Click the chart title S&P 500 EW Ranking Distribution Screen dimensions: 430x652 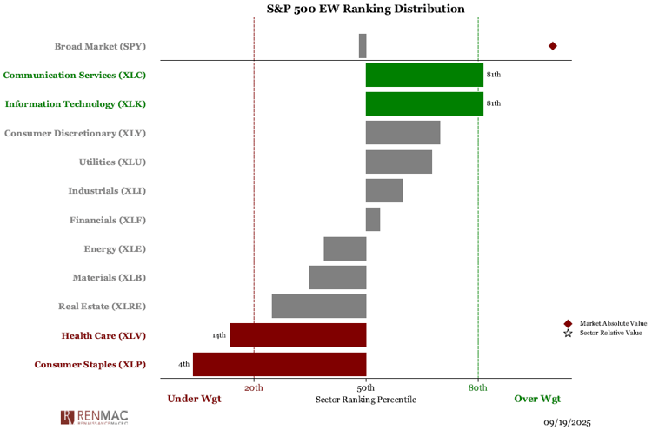pos(365,9)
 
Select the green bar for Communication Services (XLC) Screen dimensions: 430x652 pos(424,75)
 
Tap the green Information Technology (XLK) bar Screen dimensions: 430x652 pos(424,103)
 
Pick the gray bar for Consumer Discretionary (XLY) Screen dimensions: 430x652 pos(403,133)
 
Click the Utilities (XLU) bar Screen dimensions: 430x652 pos(399,162)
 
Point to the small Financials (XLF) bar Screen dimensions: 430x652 pos(373,219)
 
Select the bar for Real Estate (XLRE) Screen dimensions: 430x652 pos(319,306)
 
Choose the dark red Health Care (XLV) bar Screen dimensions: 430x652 pos(298,334)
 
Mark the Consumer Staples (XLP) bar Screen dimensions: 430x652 pos(279,364)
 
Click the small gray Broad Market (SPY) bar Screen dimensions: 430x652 pos(363,46)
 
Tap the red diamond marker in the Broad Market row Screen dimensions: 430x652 pos(552,46)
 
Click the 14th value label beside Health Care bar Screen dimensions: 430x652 pos(218,335)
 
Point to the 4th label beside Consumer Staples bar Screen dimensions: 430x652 pos(183,364)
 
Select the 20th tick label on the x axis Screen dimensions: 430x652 pos(254,387)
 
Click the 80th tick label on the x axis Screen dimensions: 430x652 pos(478,387)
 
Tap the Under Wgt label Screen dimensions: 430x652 pos(194,399)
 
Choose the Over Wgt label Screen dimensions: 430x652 pos(537,399)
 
